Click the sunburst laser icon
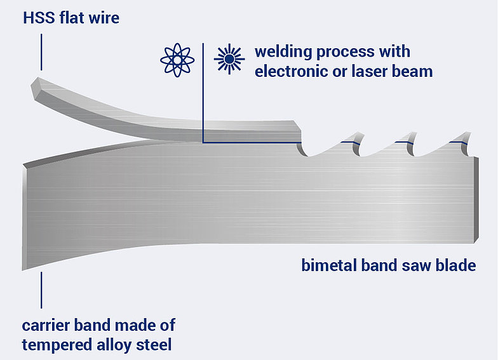[x=229, y=60]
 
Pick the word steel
[x=152, y=345]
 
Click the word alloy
[x=114, y=345]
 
